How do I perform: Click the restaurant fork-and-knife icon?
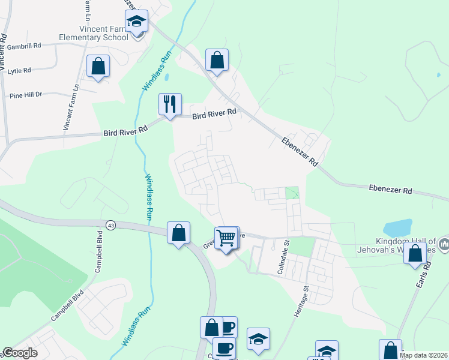(169, 104)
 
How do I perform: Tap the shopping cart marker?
(226, 238)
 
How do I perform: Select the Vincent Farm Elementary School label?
(94, 33)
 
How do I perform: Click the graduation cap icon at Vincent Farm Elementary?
(136, 22)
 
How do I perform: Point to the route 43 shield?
(110, 224)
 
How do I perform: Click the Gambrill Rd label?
(25, 45)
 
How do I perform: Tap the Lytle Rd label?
(19, 71)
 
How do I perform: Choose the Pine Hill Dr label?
(26, 95)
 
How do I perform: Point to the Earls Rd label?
(427, 273)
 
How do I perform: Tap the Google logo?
(20, 353)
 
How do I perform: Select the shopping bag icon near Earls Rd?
(415, 254)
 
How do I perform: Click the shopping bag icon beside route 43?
(178, 233)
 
